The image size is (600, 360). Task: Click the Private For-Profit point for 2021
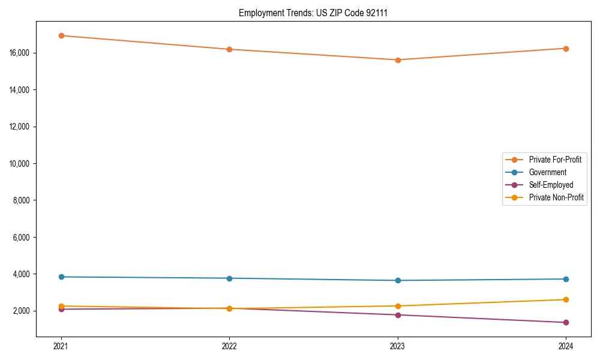(x=61, y=35)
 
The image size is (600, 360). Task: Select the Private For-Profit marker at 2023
(x=398, y=60)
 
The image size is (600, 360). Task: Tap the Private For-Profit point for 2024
(x=566, y=49)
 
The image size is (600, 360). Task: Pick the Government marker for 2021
(x=61, y=277)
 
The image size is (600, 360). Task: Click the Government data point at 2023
(x=398, y=280)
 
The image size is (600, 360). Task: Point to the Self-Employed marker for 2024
(x=566, y=322)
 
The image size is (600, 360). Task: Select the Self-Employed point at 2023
(x=398, y=315)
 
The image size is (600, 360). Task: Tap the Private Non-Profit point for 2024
(x=566, y=299)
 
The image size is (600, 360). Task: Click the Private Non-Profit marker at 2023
(x=398, y=306)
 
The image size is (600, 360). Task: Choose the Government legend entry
(x=547, y=172)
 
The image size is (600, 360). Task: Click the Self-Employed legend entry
(x=551, y=185)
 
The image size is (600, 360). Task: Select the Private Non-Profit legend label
(x=556, y=197)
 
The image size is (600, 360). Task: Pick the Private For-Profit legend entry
(x=554, y=160)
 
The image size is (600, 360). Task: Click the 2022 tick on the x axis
(x=229, y=346)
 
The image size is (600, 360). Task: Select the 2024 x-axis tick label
(x=566, y=346)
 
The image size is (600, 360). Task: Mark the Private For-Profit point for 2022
(x=229, y=49)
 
